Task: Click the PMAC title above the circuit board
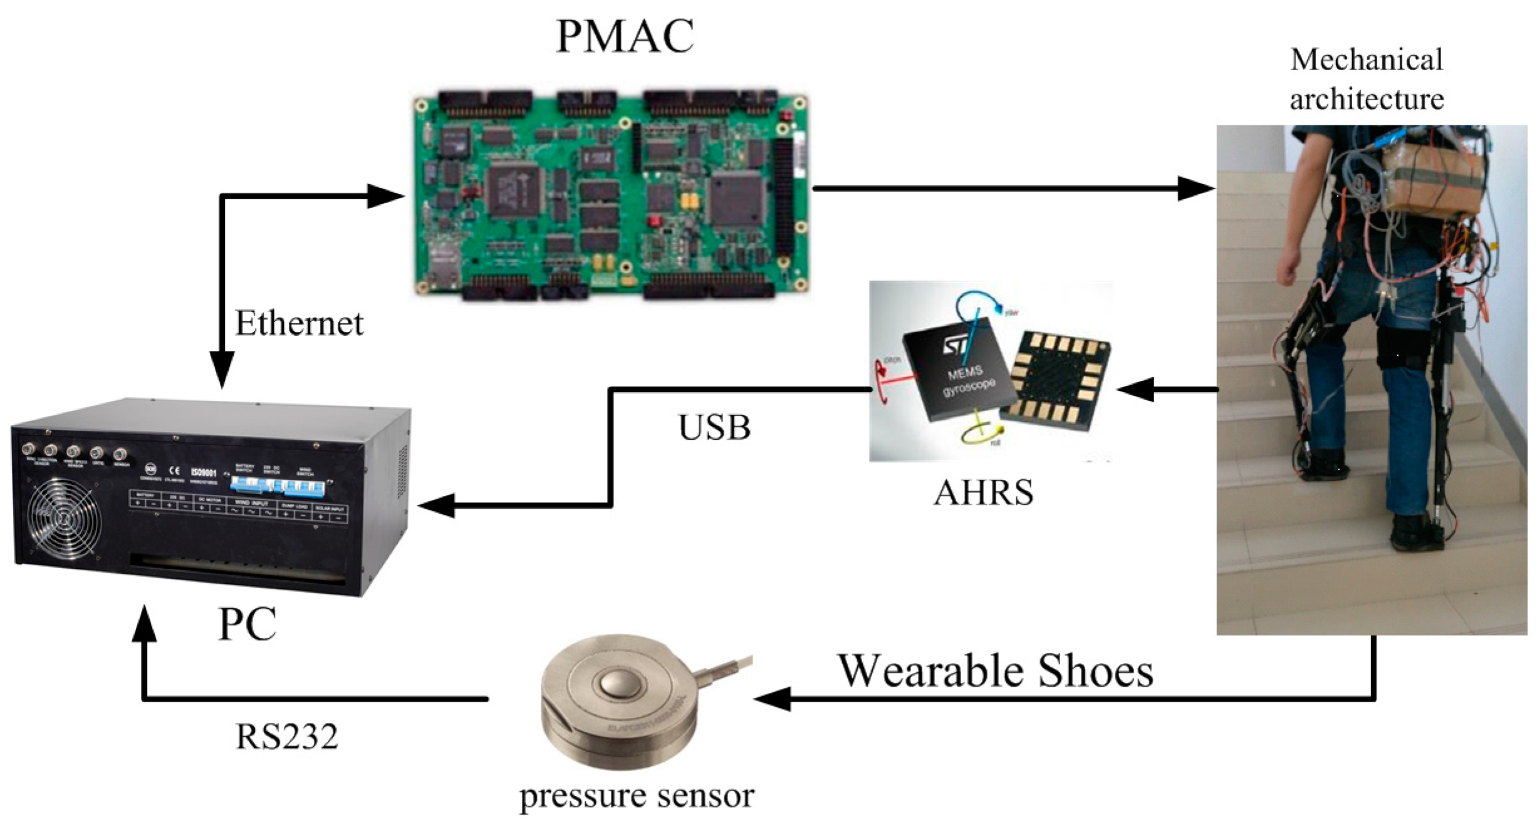pos(625,36)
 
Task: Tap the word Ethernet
pos(299,324)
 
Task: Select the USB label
pos(714,428)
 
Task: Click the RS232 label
pos(286,736)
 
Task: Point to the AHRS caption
pos(983,492)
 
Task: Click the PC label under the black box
pos(247,624)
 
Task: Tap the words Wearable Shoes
pos(996,671)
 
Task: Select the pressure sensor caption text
pos(637,796)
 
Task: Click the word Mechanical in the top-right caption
pos(1366,60)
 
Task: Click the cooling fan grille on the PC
pos(64,517)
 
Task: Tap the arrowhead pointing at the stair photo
pos(1196,188)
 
